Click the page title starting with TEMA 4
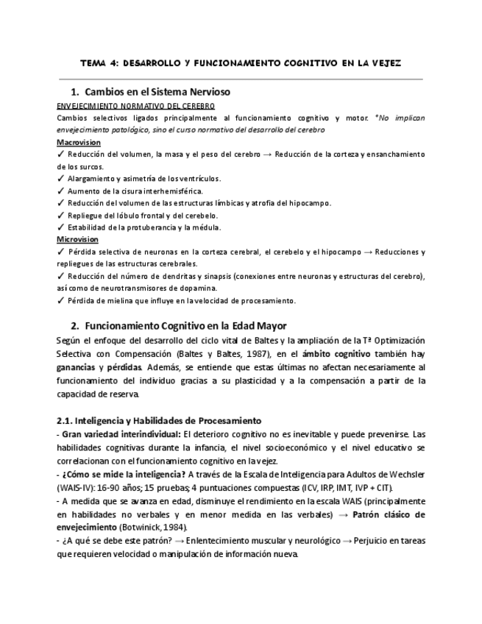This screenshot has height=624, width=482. click(241, 63)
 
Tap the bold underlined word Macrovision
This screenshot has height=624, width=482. click(79, 142)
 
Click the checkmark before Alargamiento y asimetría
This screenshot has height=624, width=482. click(60, 179)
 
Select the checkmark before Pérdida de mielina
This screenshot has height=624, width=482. click(60, 300)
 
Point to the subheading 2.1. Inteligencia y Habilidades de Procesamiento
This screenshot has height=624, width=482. click(159, 421)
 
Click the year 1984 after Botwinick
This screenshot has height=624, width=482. click(173, 527)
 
